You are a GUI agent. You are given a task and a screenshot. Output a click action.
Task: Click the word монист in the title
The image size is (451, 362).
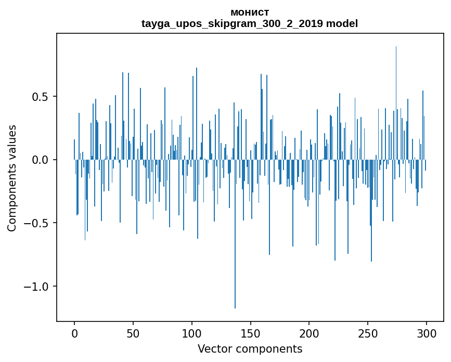(x=250, y=12)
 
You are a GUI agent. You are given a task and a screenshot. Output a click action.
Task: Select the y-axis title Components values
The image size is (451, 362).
(x=12, y=178)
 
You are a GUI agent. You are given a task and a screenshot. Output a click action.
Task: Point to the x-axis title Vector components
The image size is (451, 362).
(x=250, y=349)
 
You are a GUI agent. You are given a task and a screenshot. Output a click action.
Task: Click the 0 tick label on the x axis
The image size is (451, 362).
(x=74, y=333)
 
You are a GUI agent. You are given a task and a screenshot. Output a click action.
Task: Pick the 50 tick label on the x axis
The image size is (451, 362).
(x=133, y=333)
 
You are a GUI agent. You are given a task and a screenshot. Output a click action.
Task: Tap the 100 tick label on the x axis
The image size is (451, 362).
(x=192, y=333)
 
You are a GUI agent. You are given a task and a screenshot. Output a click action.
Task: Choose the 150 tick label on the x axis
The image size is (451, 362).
(x=250, y=333)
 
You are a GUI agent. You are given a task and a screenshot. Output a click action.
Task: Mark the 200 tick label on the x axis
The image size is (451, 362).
(x=309, y=333)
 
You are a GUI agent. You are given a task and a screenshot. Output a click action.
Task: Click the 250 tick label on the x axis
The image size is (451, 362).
(x=368, y=333)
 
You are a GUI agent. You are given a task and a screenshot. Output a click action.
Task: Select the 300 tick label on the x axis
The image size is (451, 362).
(x=427, y=333)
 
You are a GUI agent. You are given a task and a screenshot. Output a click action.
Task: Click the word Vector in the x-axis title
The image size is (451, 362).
(x=213, y=349)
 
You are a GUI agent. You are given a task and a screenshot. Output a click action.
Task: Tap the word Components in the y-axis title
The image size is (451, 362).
(x=12, y=200)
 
